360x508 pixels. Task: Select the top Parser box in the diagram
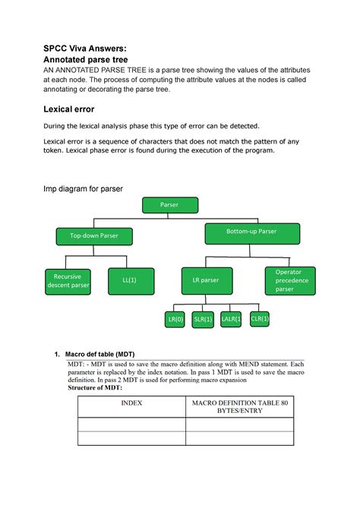coord(171,205)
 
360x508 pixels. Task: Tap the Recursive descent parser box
coord(68,280)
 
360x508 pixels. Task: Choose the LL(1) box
coord(130,280)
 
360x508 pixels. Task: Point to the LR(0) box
coord(176,320)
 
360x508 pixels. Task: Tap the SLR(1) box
coord(203,320)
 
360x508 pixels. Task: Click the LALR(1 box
coord(231,320)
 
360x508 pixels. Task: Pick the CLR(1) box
coord(260,319)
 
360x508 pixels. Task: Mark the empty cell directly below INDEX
coord(132,426)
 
